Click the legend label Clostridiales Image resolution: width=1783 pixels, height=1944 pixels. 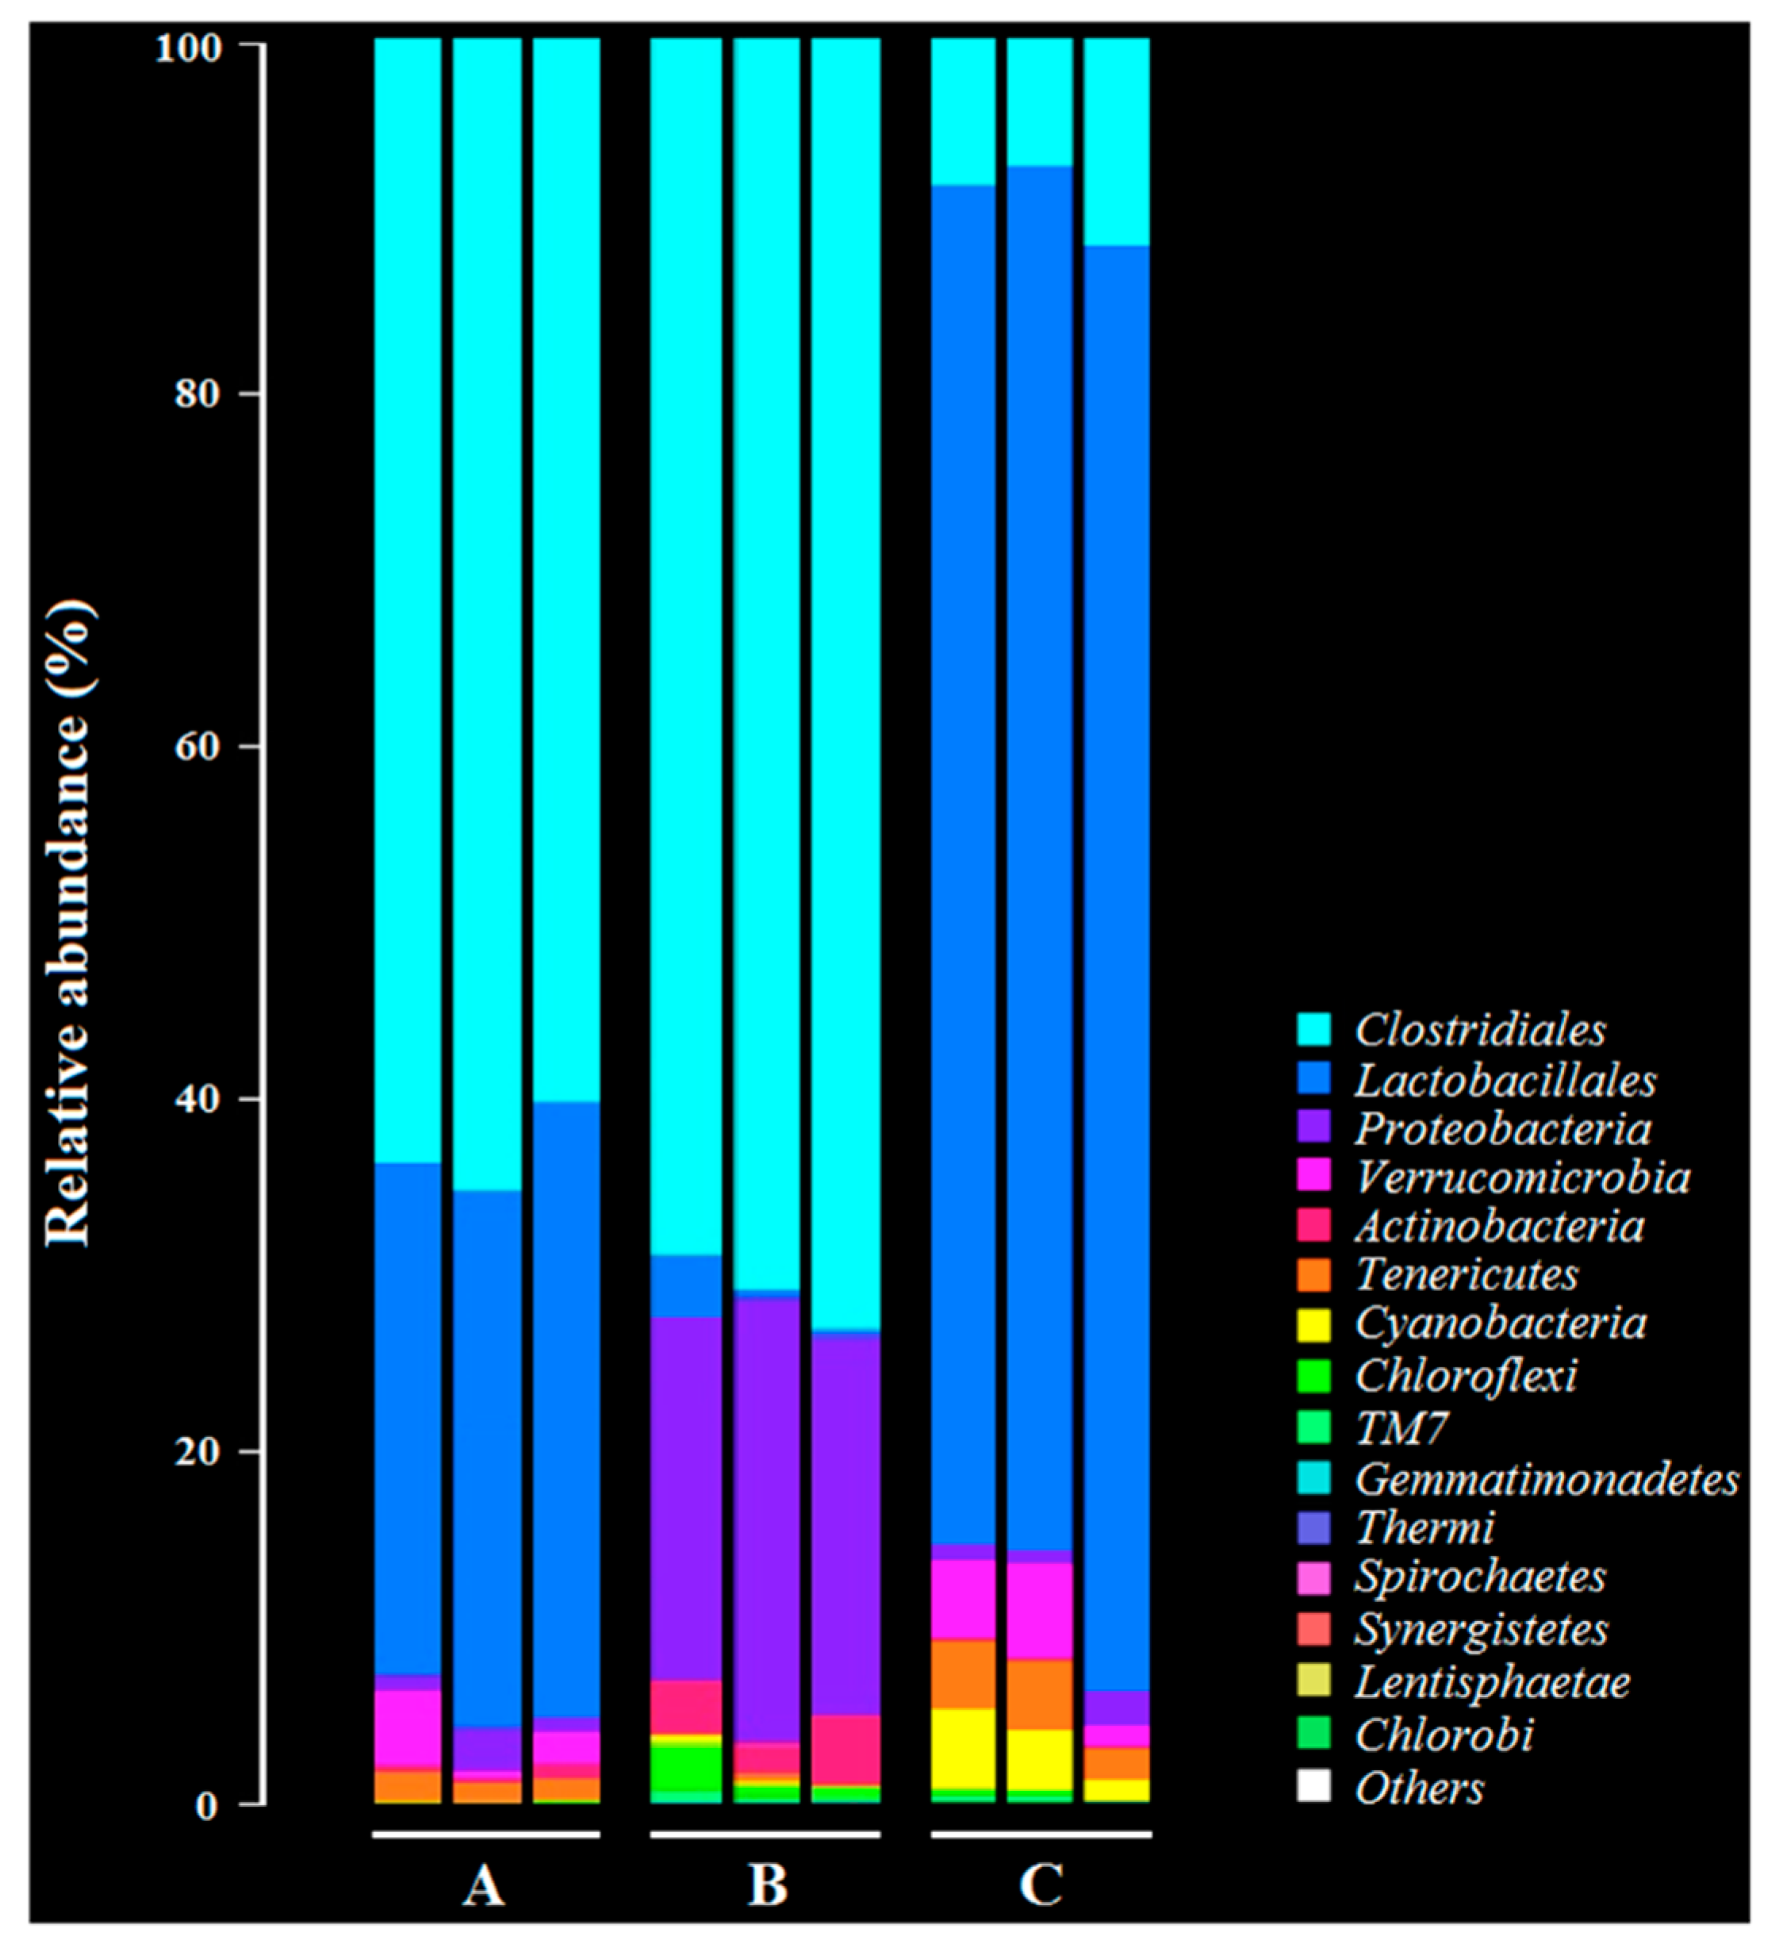(1480, 1030)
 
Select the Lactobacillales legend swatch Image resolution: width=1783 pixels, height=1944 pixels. (1313, 1078)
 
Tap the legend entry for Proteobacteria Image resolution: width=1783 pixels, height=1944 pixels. (1502, 1128)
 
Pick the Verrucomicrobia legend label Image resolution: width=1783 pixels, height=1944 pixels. (1521, 1178)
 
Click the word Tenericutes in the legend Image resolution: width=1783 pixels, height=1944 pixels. (1467, 1274)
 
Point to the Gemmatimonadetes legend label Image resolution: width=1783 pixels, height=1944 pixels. (1546, 1479)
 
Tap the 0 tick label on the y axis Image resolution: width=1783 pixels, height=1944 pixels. (205, 1806)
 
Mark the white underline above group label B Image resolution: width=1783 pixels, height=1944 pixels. (765, 1834)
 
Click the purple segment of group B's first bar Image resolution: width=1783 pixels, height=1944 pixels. (685, 1496)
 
